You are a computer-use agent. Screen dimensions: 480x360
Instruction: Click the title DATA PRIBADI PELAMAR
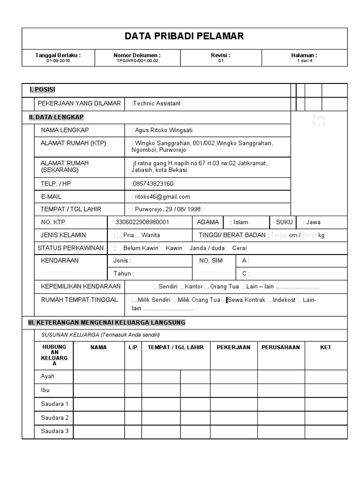click(184, 37)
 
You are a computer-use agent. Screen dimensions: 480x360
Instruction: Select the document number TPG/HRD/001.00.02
click(137, 61)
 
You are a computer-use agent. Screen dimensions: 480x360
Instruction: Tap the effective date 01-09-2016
click(58, 61)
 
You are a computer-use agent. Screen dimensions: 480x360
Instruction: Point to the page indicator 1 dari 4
click(304, 61)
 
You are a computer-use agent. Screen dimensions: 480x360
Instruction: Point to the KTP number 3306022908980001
click(142, 222)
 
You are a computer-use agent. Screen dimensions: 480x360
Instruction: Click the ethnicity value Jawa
click(312, 222)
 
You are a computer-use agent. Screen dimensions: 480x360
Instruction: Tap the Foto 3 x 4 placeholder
click(319, 120)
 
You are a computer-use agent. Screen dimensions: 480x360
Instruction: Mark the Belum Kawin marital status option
click(140, 248)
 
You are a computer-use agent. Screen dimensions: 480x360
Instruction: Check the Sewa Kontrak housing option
click(246, 300)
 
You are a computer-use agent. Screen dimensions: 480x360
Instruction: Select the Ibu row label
click(45, 390)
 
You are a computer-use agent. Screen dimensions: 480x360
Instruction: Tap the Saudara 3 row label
click(54, 431)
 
